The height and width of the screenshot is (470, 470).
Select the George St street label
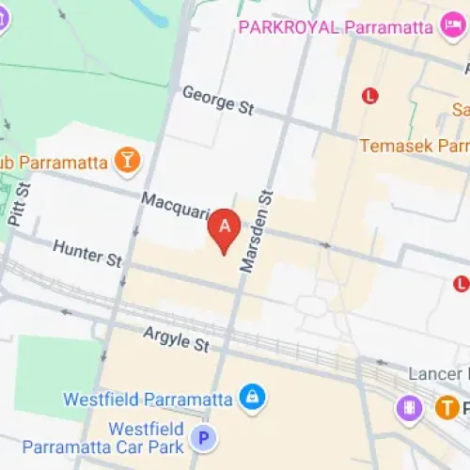pyautogui.click(x=218, y=101)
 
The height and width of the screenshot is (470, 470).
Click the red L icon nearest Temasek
pyautogui.click(x=370, y=95)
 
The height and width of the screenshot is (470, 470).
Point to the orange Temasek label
pyautogui.click(x=415, y=147)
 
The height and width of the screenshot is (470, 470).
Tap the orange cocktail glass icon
pyautogui.click(x=125, y=161)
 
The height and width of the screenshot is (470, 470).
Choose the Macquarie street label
pyautogui.click(x=174, y=208)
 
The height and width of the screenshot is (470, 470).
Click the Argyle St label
pyautogui.click(x=176, y=339)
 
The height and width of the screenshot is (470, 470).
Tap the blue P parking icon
pyautogui.click(x=201, y=437)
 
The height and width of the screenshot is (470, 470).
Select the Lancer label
pyautogui.click(x=438, y=373)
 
